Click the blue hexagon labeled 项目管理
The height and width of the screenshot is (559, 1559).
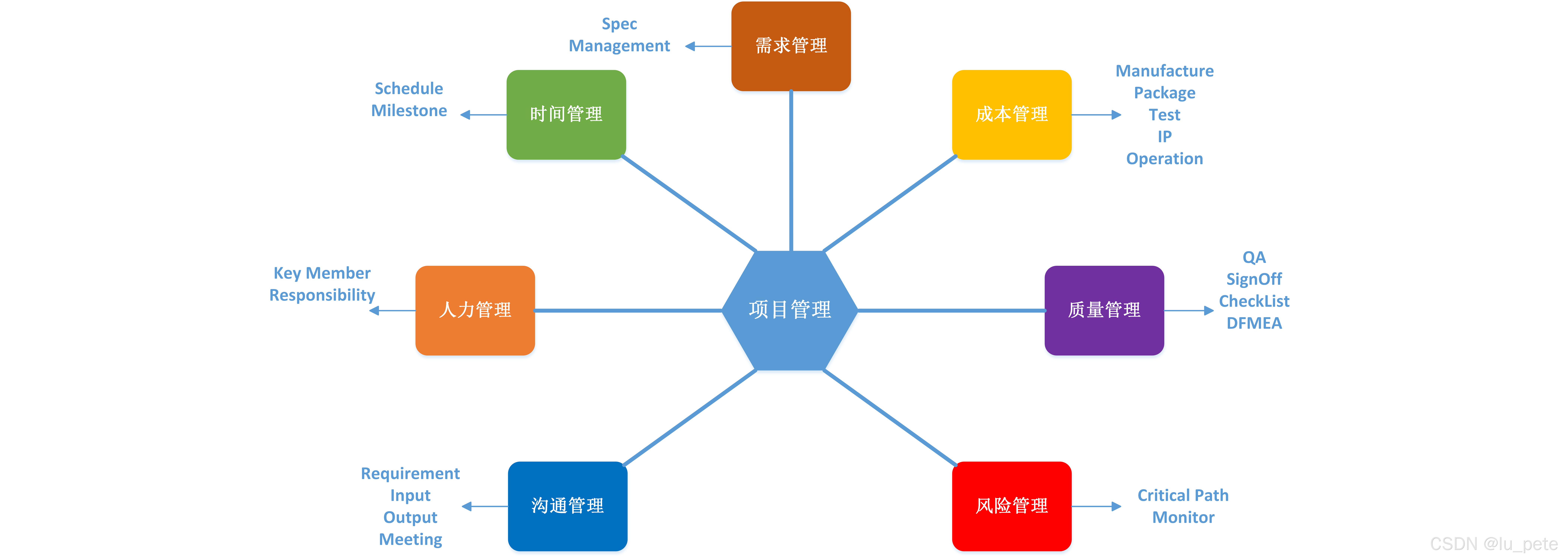(790, 310)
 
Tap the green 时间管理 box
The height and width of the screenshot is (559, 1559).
(566, 114)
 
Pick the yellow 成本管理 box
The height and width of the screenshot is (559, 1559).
(1011, 114)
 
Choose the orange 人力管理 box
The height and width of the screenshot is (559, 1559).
(475, 310)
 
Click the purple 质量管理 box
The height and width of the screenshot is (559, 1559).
(1104, 310)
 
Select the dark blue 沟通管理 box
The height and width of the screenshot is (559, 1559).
(567, 506)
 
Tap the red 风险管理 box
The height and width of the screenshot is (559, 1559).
(1011, 506)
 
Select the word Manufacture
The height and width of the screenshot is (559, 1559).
(1164, 71)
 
